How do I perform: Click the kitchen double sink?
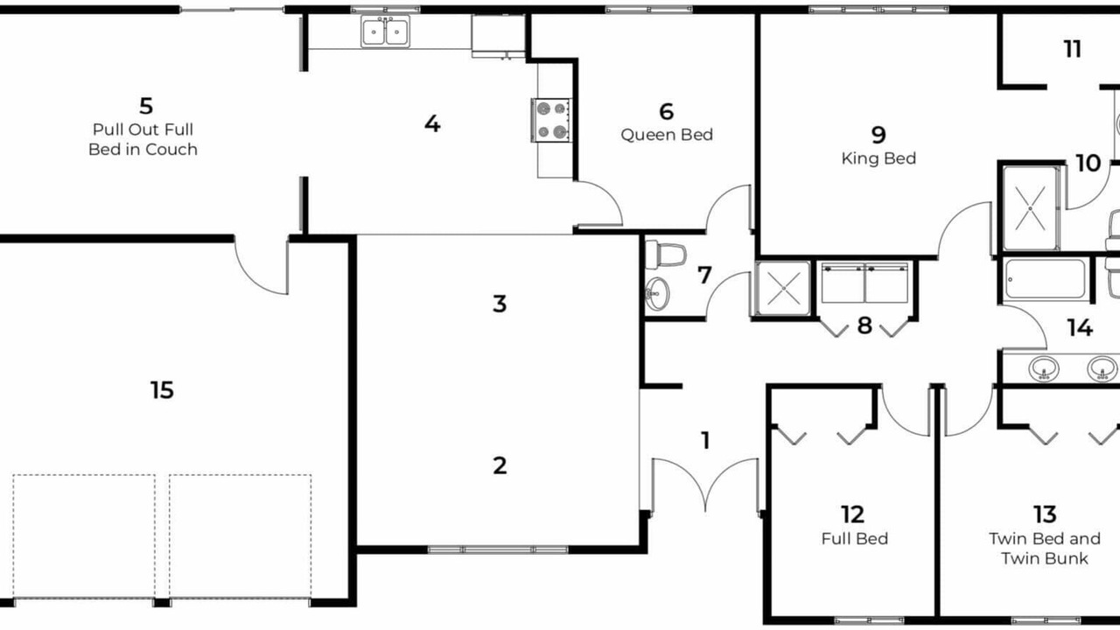386,31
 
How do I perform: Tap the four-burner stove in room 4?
551,120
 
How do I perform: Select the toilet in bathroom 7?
666,255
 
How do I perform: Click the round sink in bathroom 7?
657,294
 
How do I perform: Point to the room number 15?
162,390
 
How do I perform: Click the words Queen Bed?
667,135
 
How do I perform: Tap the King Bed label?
878,158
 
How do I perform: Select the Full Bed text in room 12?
855,538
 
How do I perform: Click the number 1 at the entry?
705,440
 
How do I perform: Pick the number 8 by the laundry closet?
864,325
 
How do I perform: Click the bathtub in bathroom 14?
1046,279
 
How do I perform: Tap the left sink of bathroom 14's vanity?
1044,368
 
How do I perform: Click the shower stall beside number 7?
783,289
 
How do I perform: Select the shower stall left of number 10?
1031,207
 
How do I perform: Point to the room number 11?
1073,49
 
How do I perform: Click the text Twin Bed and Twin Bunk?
1045,549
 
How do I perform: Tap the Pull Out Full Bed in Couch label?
143,139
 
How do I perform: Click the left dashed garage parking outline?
84,535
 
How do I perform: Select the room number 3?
500,304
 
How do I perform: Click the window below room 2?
498,549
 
